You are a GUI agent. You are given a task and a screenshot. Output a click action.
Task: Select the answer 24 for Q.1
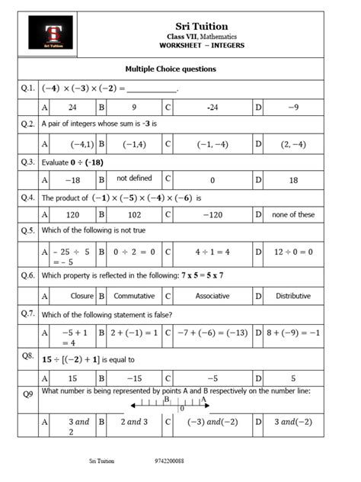pos(72,108)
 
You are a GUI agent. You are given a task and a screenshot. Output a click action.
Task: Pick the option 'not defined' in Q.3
pos(134,178)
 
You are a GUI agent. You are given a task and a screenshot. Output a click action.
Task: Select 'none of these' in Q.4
pos(293,214)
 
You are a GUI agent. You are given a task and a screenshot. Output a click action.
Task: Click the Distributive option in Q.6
pos(293,295)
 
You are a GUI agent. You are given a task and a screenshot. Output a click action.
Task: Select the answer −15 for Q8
pos(134,378)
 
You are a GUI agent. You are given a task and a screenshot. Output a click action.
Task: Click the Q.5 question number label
pos(28,230)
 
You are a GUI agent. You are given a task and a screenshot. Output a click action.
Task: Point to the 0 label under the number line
pos(182,409)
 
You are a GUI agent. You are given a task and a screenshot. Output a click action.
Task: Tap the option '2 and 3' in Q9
pos(134,421)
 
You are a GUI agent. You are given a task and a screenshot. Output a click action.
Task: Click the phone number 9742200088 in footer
pos(169,461)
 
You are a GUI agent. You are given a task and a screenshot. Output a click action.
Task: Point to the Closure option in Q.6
pos(72,295)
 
